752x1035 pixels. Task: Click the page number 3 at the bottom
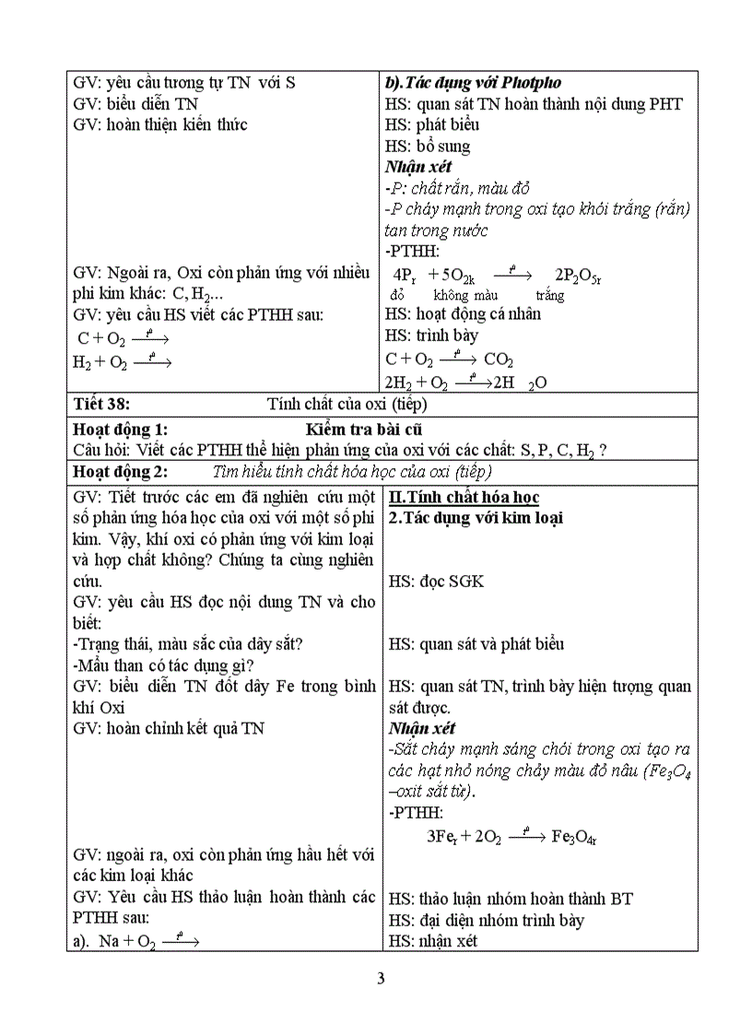coord(380,978)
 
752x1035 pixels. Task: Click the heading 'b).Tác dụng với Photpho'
coord(473,82)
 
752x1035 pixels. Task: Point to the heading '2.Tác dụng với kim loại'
coord(476,518)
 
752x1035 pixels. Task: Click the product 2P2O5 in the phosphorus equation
coord(579,275)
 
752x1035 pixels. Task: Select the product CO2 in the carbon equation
coord(499,359)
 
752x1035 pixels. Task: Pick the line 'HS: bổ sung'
coord(428,146)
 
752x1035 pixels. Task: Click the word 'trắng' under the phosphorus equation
coord(549,296)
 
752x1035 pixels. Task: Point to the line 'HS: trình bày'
coord(431,336)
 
